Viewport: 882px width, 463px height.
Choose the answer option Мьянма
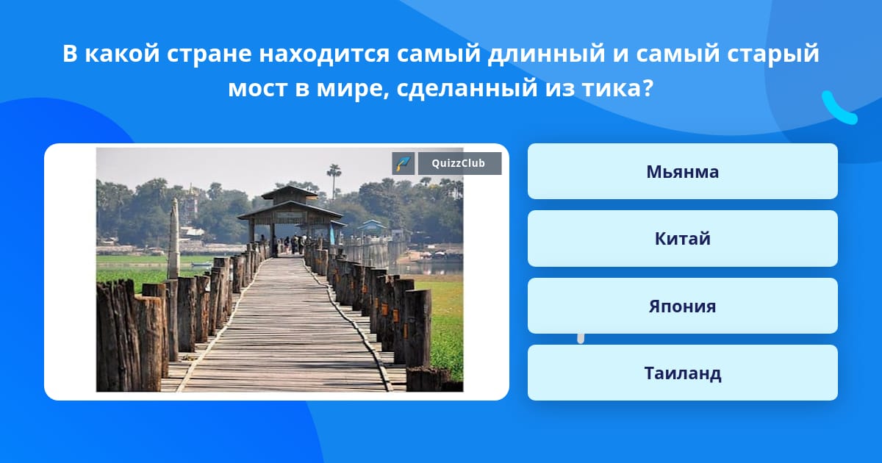pos(682,171)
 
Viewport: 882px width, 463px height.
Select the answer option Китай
pos(682,239)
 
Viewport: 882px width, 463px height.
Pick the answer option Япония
pos(682,306)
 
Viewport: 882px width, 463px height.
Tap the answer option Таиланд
pos(682,373)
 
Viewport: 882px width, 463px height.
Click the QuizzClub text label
pos(459,163)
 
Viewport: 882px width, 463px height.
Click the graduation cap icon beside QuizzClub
pos(404,163)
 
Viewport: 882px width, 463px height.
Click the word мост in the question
pos(258,88)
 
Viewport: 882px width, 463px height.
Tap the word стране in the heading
pos(209,54)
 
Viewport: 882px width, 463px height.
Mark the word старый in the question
pos(773,54)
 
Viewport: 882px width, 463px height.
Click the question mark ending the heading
pos(648,87)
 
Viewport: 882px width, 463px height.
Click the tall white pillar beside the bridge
pos(173,239)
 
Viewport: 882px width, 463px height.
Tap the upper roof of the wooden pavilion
pos(290,192)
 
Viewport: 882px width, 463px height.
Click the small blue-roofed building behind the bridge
pos(372,226)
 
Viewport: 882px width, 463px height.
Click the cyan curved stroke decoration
pos(839,108)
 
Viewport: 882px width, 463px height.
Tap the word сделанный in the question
pos(467,88)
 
